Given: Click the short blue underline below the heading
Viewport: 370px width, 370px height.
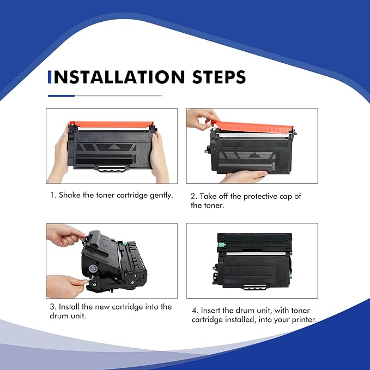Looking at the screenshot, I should pos(61,96).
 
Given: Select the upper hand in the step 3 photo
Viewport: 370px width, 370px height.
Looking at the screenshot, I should pos(64,235).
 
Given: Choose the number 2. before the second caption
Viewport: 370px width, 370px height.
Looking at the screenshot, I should pos(194,196).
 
